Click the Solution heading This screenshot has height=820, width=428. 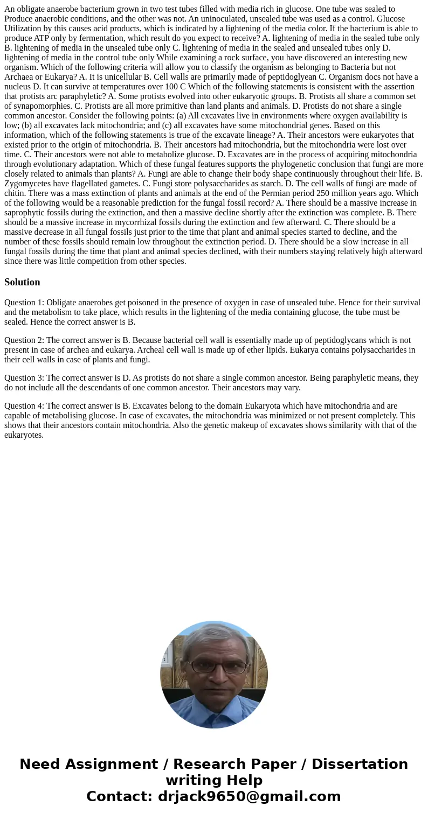(x=22, y=282)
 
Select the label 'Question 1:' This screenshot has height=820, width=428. (x=24, y=303)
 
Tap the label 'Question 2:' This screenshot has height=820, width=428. (x=24, y=340)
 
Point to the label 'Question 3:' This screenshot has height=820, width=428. (x=24, y=378)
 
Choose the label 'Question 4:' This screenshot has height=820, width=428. (x=24, y=406)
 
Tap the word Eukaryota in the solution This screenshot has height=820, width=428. (x=264, y=406)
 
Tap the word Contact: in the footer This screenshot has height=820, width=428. (x=119, y=796)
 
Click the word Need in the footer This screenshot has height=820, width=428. (x=40, y=764)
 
